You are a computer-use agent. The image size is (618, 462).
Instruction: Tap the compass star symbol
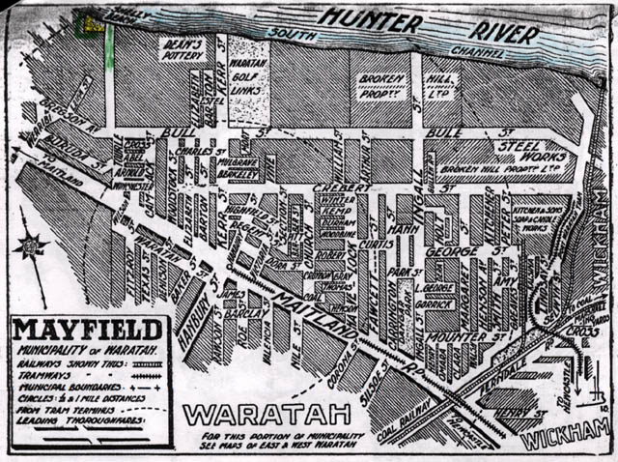pyautogui.click(x=32, y=246)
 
